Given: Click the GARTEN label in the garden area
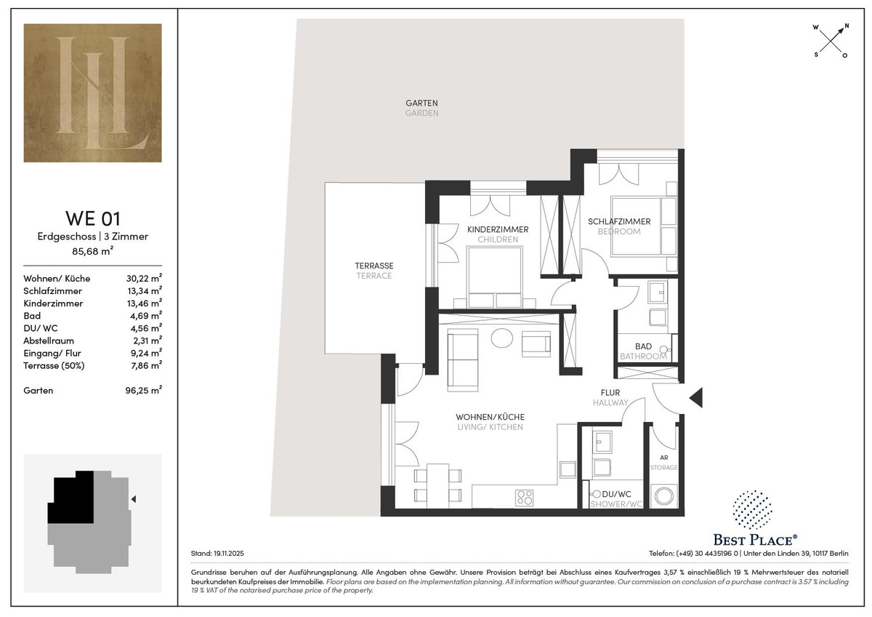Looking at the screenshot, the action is tap(421, 103).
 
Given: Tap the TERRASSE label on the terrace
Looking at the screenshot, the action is tap(374, 266).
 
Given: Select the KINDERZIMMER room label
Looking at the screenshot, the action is tap(498, 230).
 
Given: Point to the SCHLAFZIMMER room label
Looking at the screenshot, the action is tap(619, 221).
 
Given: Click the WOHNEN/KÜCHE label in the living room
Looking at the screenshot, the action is tap(490, 417).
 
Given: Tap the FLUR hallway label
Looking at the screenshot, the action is tap(610, 393).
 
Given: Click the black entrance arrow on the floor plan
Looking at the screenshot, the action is tap(696, 398).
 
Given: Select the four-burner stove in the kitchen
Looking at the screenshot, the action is tap(524, 498).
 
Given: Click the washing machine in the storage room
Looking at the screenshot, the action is tap(663, 496).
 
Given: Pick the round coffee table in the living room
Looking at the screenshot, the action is tap(502, 338).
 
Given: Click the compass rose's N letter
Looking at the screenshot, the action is tap(847, 26).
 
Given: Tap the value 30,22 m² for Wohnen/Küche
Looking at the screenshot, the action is tap(144, 278).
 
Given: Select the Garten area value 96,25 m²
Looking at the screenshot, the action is tap(144, 390).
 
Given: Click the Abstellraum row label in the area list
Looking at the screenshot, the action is tap(49, 341).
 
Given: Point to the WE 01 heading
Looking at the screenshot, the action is tap(93, 218).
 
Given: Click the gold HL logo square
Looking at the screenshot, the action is tap(93, 92).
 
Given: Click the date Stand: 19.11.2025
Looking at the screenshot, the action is tap(217, 554).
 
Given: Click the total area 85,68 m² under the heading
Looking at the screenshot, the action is tap(93, 250).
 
